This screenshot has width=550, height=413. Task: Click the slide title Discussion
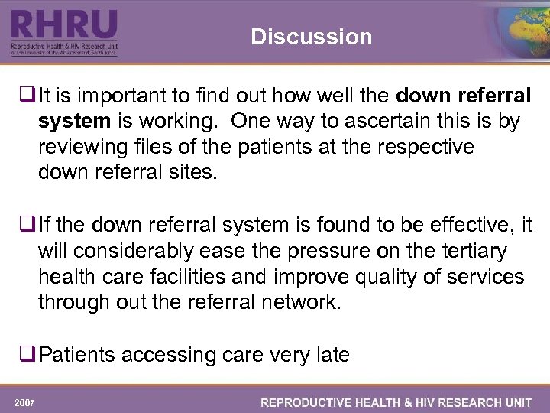[311, 37]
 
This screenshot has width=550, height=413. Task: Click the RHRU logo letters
[64, 26]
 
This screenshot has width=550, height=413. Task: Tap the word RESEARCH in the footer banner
[442, 402]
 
